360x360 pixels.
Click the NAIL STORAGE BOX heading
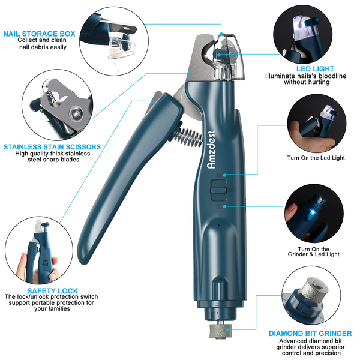[39, 34]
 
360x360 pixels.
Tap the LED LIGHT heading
[315, 69]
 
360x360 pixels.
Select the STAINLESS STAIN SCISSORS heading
[52, 147]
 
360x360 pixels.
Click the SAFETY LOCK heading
[53, 291]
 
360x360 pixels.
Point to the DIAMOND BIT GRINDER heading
[310, 334]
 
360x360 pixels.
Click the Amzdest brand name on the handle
[211, 149]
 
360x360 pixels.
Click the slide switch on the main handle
[219, 190]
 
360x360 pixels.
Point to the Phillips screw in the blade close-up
[76, 112]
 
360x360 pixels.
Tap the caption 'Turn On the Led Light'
[316, 158]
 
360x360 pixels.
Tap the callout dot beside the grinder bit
[228, 330]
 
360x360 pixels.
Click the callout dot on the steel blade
[191, 73]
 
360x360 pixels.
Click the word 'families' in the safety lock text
[59, 309]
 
